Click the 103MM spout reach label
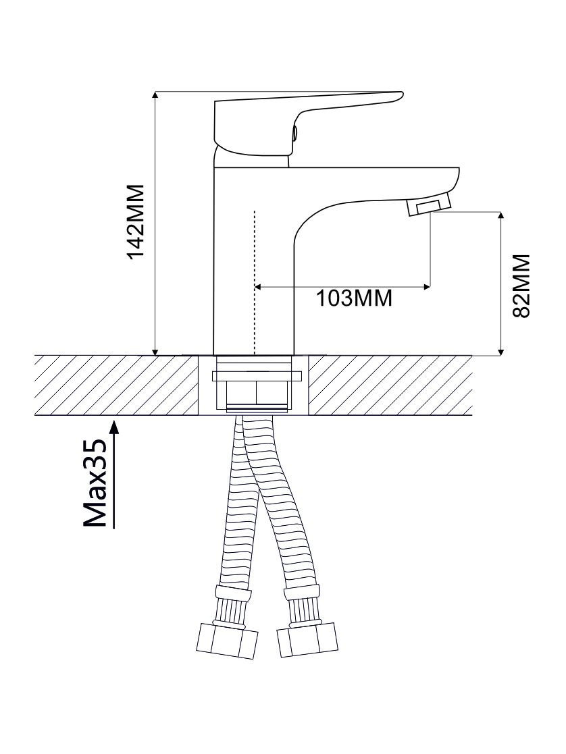[x=355, y=298]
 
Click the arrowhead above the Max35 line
[x=114, y=426]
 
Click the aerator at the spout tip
[x=428, y=205]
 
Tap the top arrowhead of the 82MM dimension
[x=501, y=217]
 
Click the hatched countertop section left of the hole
[x=115, y=385]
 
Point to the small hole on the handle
[x=294, y=133]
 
